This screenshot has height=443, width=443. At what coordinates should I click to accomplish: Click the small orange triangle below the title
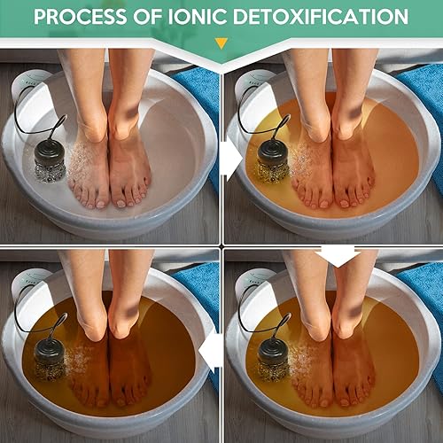221,43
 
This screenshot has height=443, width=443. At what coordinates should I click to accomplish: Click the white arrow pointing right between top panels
231,159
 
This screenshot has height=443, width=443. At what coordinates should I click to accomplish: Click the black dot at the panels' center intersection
221,245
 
